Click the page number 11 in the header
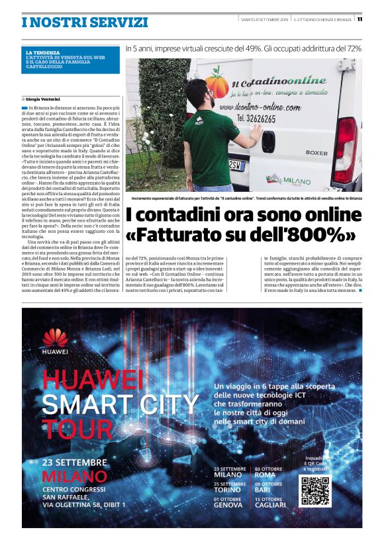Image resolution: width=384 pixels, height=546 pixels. pos(360,19)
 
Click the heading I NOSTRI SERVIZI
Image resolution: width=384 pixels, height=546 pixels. pos(85,22)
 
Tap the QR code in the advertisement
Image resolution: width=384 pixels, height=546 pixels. pos(314,490)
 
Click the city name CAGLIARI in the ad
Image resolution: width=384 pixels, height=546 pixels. pos(272,506)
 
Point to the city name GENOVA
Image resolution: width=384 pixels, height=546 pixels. pos(228,506)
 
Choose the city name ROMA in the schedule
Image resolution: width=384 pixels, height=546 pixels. pos(265,475)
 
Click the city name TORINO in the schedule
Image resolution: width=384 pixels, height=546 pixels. pos(228,490)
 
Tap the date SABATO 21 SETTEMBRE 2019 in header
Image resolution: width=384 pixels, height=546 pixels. pos(264,19)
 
